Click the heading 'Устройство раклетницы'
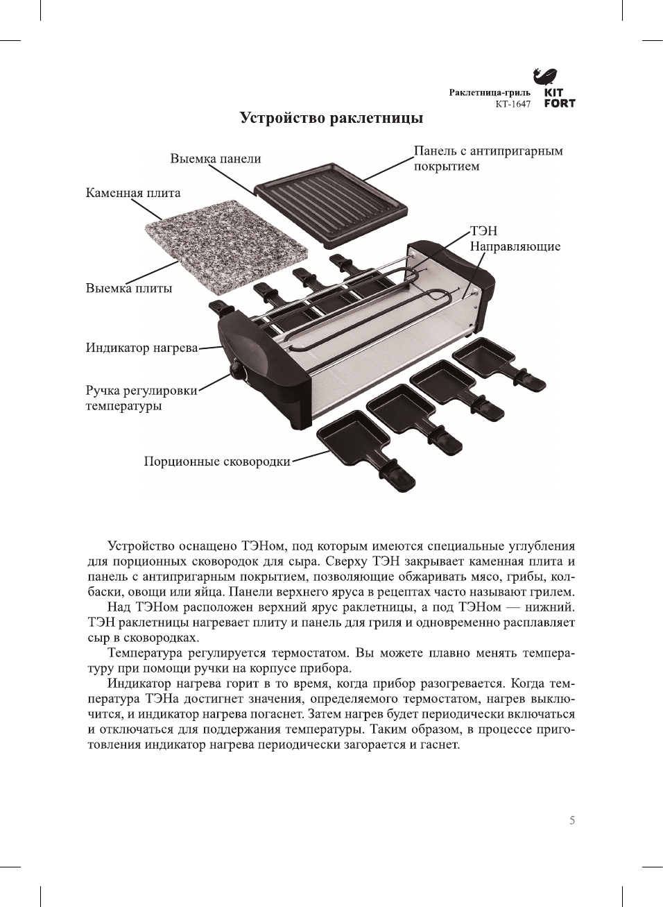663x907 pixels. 331,118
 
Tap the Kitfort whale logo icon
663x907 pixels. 546,76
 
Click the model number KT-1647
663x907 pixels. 513,104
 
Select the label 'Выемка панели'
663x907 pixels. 216,159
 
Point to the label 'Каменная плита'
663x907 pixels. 133,193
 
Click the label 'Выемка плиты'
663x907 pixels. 129,288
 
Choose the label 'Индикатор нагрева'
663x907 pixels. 141,348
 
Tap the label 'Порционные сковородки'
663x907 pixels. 217,461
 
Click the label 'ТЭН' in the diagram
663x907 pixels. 483,231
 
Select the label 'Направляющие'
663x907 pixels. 515,246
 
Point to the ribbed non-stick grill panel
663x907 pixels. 329,202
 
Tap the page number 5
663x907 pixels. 572,820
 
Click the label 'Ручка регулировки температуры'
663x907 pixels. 141,398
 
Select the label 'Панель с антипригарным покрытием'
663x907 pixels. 488,158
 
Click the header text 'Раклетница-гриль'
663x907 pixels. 490,92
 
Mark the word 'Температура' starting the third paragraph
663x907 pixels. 141,653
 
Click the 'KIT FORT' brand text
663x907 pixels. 559,98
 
